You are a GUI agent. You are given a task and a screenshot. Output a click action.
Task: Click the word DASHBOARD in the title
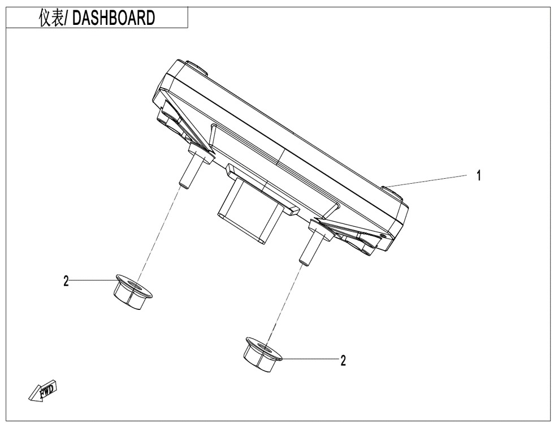114,18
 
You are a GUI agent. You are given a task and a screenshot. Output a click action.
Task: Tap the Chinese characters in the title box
51,18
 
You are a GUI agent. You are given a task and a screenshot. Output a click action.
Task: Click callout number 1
479,176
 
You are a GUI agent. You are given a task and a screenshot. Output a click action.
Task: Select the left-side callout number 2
66,281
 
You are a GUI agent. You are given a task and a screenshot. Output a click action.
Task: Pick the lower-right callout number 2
343,360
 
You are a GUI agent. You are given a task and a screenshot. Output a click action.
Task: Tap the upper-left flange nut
132,292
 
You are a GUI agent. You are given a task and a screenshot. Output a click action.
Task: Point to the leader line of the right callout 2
309,360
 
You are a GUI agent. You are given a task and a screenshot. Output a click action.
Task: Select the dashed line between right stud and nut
285,301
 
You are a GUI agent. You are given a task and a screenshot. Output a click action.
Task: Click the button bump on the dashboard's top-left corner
196,67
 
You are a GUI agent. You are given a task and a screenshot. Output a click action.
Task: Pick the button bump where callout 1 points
393,193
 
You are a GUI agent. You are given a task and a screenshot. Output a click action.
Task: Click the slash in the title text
67,18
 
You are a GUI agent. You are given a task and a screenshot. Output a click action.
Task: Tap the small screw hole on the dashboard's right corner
384,235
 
